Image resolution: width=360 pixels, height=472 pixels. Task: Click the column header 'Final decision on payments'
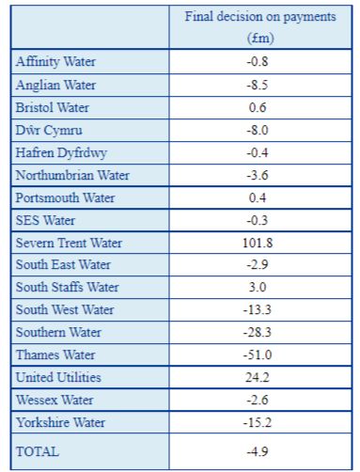(260, 17)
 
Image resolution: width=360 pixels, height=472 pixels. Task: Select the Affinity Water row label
(55, 61)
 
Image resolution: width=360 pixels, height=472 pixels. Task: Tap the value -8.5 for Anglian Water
(258, 85)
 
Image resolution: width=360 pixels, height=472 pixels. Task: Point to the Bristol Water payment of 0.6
(258, 107)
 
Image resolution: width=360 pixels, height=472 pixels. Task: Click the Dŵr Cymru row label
(49, 131)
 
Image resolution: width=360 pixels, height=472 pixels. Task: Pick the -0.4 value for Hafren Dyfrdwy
(258, 152)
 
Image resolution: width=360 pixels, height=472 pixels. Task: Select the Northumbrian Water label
(72, 175)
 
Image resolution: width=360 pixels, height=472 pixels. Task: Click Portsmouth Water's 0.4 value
(258, 197)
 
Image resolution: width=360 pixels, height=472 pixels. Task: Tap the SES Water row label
(45, 220)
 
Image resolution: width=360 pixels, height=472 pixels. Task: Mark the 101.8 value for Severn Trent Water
(258, 243)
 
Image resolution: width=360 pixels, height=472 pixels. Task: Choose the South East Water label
(63, 264)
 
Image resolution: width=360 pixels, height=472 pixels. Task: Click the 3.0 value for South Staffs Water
(258, 287)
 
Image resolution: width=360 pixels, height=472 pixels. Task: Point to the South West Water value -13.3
(258, 309)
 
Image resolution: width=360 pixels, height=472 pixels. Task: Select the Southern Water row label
(58, 332)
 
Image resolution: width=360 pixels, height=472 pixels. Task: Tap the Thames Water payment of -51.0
(258, 354)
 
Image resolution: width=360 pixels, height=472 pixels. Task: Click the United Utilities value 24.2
(258, 377)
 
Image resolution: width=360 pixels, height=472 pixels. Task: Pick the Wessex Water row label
(55, 400)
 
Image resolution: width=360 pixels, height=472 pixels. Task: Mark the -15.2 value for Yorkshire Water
(258, 422)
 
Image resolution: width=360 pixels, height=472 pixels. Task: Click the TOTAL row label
(38, 451)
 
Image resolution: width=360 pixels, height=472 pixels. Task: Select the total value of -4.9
(258, 451)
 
